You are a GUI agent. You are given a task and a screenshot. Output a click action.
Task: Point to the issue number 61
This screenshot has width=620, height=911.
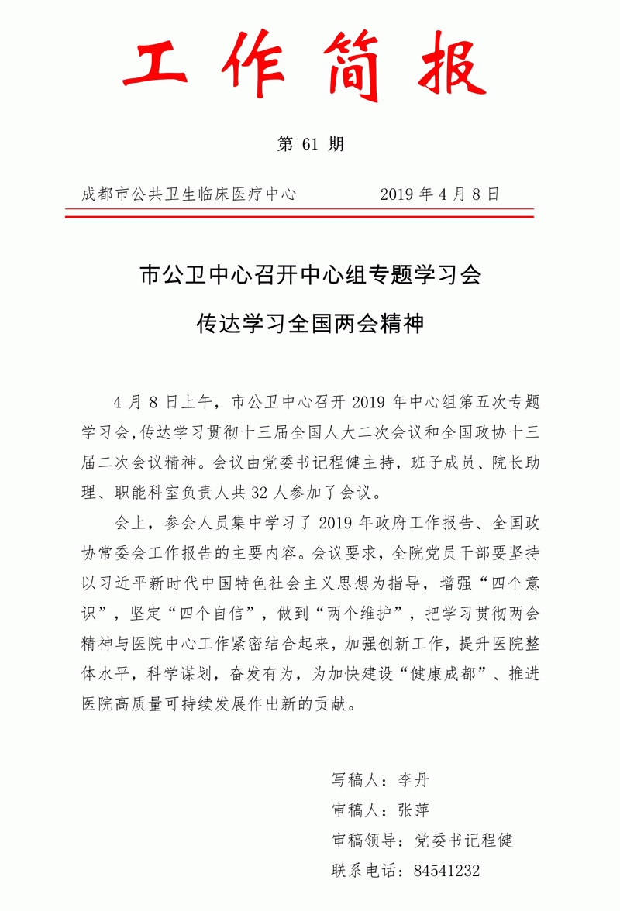[311, 144]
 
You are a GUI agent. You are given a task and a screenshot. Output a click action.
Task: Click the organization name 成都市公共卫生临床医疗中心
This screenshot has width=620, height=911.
[189, 194]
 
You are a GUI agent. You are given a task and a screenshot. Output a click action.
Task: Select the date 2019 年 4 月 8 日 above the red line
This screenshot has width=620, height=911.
[439, 194]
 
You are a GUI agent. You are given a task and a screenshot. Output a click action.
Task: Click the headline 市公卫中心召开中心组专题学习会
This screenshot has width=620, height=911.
[310, 275]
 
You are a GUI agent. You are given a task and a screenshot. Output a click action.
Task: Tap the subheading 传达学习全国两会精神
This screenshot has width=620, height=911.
[310, 323]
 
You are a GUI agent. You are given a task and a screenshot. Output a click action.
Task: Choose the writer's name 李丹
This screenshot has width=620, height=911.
[413, 779]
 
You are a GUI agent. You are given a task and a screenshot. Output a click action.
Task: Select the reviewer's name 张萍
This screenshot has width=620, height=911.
[413, 810]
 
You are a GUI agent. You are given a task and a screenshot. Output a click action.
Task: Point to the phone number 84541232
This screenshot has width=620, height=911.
[447, 871]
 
